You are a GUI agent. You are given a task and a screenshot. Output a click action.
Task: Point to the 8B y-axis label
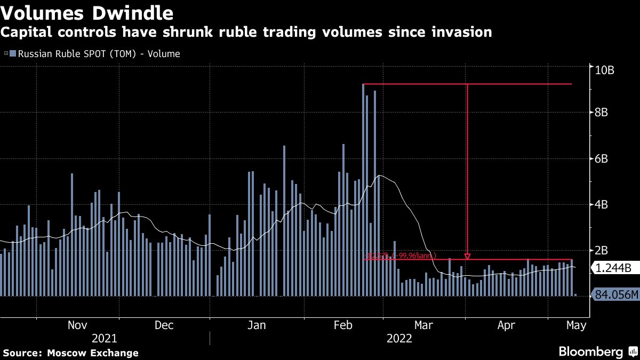(x=601, y=112)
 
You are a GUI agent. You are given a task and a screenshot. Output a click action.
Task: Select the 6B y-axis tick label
(x=601, y=158)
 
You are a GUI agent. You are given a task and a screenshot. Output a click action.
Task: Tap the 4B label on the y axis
(x=601, y=205)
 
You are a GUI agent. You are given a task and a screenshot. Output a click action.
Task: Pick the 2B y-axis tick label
(x=601, y=250)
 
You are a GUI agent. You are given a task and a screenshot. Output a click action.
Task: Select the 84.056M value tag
(x=615, y=294)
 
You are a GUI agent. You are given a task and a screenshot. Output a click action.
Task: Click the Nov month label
(x=78, y=325)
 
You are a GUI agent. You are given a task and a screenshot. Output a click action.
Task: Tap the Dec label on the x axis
(x=164, y=325)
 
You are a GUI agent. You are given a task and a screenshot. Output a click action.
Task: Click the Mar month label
(x=424, y=325)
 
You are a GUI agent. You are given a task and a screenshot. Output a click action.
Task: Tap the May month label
(x=576, y=325)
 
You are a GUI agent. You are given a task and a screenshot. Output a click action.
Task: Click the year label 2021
(x=105, y=338)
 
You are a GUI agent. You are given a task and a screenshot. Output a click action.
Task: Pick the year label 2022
(x=399, y=338)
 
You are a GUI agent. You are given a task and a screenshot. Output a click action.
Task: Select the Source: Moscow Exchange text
(x=70, y=353)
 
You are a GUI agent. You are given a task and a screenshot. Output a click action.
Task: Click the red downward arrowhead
(x=467, y=257)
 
